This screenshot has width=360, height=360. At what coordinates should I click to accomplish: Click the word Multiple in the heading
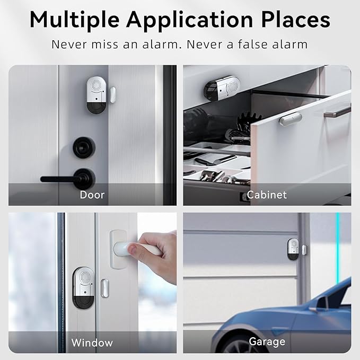[x=74, y=20]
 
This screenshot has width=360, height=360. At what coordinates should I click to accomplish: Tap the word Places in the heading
[x=296, y=20]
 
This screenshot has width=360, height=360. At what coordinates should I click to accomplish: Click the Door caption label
[x=92, y=195]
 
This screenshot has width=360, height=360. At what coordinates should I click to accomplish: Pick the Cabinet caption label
[x=267, y=195]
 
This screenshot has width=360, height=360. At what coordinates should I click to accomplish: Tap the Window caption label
[x=92, y=343]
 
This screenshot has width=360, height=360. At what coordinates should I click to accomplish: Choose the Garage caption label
[x=267, y=342]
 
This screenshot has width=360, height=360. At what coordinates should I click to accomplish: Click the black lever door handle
[x=68, y=178]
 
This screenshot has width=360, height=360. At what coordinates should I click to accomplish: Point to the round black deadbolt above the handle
[x=84, y=147]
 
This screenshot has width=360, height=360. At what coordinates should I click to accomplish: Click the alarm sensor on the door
[x=96, y=95]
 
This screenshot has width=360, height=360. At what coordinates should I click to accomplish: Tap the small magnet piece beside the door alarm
[x=112, y=94]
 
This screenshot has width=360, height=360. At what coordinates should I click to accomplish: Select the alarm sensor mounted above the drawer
[x=222, y=88]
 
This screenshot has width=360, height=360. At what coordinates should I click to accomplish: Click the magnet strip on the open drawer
[x=291, y=119]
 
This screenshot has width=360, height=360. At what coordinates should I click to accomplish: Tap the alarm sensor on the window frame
[x=84, y=288]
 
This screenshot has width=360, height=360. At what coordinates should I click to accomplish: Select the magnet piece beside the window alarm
[x=104, y=288]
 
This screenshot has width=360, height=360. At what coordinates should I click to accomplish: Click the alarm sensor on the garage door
[x=293, y=249]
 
